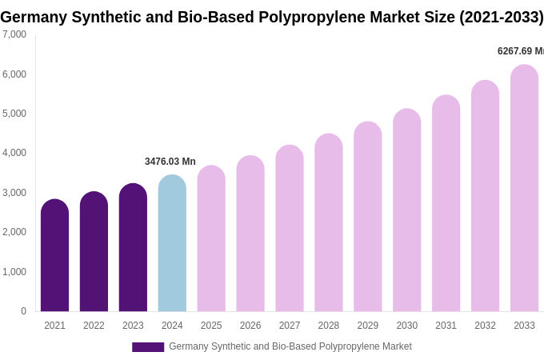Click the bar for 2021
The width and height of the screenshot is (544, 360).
pos(54,256)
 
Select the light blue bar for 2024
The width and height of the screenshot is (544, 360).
pos(172,244)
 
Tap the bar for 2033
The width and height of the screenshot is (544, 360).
pos(524,189)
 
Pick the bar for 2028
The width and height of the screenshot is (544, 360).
pos(328,223)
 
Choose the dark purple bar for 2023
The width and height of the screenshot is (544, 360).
pos(133,248)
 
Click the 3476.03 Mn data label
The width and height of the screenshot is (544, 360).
pos(170,162)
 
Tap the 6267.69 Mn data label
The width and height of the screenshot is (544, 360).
pos(520,51)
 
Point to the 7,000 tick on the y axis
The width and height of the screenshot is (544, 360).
pos(14,34)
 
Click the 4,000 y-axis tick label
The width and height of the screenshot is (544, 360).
pos(14,153)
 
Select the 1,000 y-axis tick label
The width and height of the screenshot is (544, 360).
pos(14,272)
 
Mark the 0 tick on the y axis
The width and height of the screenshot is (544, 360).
pos(23,311)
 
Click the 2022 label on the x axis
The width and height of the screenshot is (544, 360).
pos(94,326)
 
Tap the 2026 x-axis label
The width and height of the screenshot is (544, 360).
pos(250,326)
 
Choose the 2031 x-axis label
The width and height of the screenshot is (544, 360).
pos(446,326)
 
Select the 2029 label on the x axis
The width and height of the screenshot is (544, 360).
pos(367,326)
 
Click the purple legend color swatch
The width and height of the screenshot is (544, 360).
pos(148,347)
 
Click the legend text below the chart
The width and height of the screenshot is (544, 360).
pos(290,346)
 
